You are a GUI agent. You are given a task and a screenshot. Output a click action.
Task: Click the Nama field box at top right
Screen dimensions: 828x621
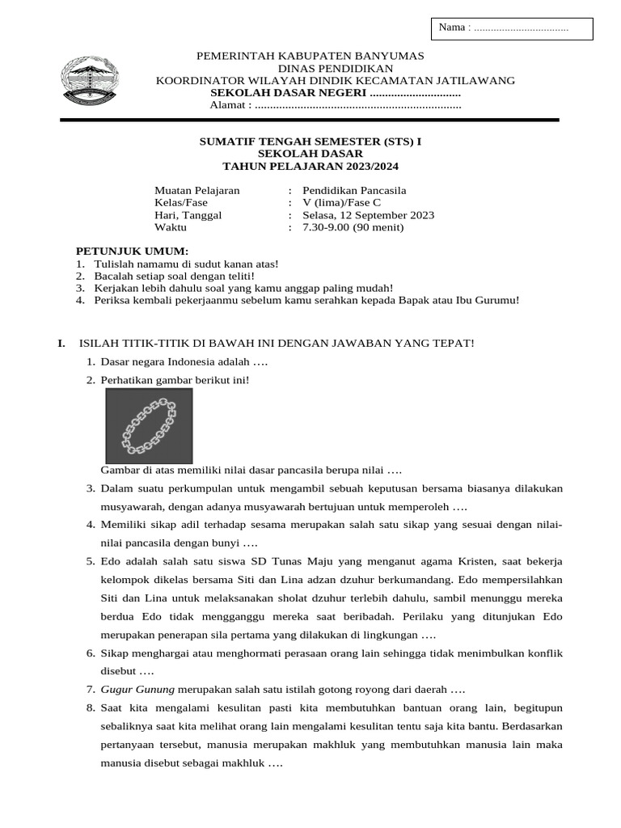[512, 28]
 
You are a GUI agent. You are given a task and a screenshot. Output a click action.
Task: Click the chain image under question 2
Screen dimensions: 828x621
[149, 425]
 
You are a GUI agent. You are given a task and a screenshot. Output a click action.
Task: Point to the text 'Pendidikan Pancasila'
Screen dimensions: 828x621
[354, 191]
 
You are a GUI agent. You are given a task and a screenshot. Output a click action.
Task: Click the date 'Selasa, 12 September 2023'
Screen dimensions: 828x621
[368, 215]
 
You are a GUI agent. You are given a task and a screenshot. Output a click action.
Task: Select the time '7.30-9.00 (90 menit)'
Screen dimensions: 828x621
[353, 227]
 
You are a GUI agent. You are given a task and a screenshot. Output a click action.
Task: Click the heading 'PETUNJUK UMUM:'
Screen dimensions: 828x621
[132, 251]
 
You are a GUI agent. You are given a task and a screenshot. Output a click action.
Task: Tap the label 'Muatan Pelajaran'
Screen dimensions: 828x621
[197, 191]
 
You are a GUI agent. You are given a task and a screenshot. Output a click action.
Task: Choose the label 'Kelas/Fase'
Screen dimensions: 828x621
[181, 203]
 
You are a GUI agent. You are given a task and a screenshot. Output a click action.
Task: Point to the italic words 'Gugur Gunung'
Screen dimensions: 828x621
[137, 690]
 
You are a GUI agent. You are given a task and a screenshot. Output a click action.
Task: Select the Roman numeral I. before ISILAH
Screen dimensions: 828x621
[61, 343]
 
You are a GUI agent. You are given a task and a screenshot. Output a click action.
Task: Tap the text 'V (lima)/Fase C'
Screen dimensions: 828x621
[341, 203]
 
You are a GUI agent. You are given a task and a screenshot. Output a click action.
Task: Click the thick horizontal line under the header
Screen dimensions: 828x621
[310, 120]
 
